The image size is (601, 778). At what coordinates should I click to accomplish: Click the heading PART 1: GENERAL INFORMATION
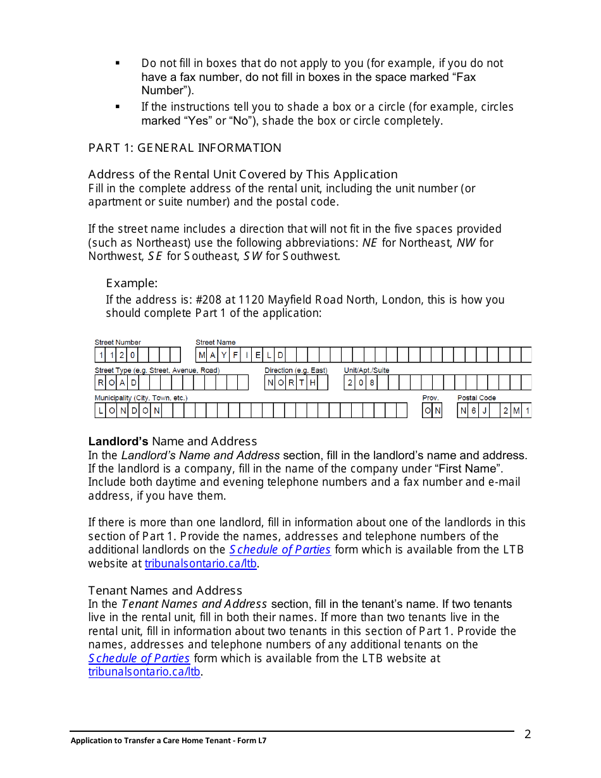184,148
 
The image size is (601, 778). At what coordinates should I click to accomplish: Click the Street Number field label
118,342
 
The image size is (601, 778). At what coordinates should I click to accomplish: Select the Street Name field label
215,342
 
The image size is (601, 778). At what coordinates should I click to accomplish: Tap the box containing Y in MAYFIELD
224,355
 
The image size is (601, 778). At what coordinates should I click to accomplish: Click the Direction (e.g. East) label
295,370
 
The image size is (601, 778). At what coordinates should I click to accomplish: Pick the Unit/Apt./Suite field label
366,370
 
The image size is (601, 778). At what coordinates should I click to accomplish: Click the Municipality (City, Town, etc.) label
140,398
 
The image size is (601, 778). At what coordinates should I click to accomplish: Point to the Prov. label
430,398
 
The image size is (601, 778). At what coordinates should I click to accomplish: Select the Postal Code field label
476,398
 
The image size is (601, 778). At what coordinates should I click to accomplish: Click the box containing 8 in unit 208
372,383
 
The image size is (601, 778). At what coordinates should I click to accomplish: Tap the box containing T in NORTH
302,383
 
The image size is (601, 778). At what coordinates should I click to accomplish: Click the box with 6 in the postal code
474,411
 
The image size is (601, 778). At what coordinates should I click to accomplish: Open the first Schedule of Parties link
280,550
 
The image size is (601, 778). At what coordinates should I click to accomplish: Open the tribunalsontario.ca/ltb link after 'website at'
201,564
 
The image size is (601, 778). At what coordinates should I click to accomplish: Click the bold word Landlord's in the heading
118,441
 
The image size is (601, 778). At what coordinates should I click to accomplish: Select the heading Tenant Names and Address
165,591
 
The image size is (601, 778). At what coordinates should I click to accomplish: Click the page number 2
528,734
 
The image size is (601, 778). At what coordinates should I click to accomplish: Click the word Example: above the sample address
132,283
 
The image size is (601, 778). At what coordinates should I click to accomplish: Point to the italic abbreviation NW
466,242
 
